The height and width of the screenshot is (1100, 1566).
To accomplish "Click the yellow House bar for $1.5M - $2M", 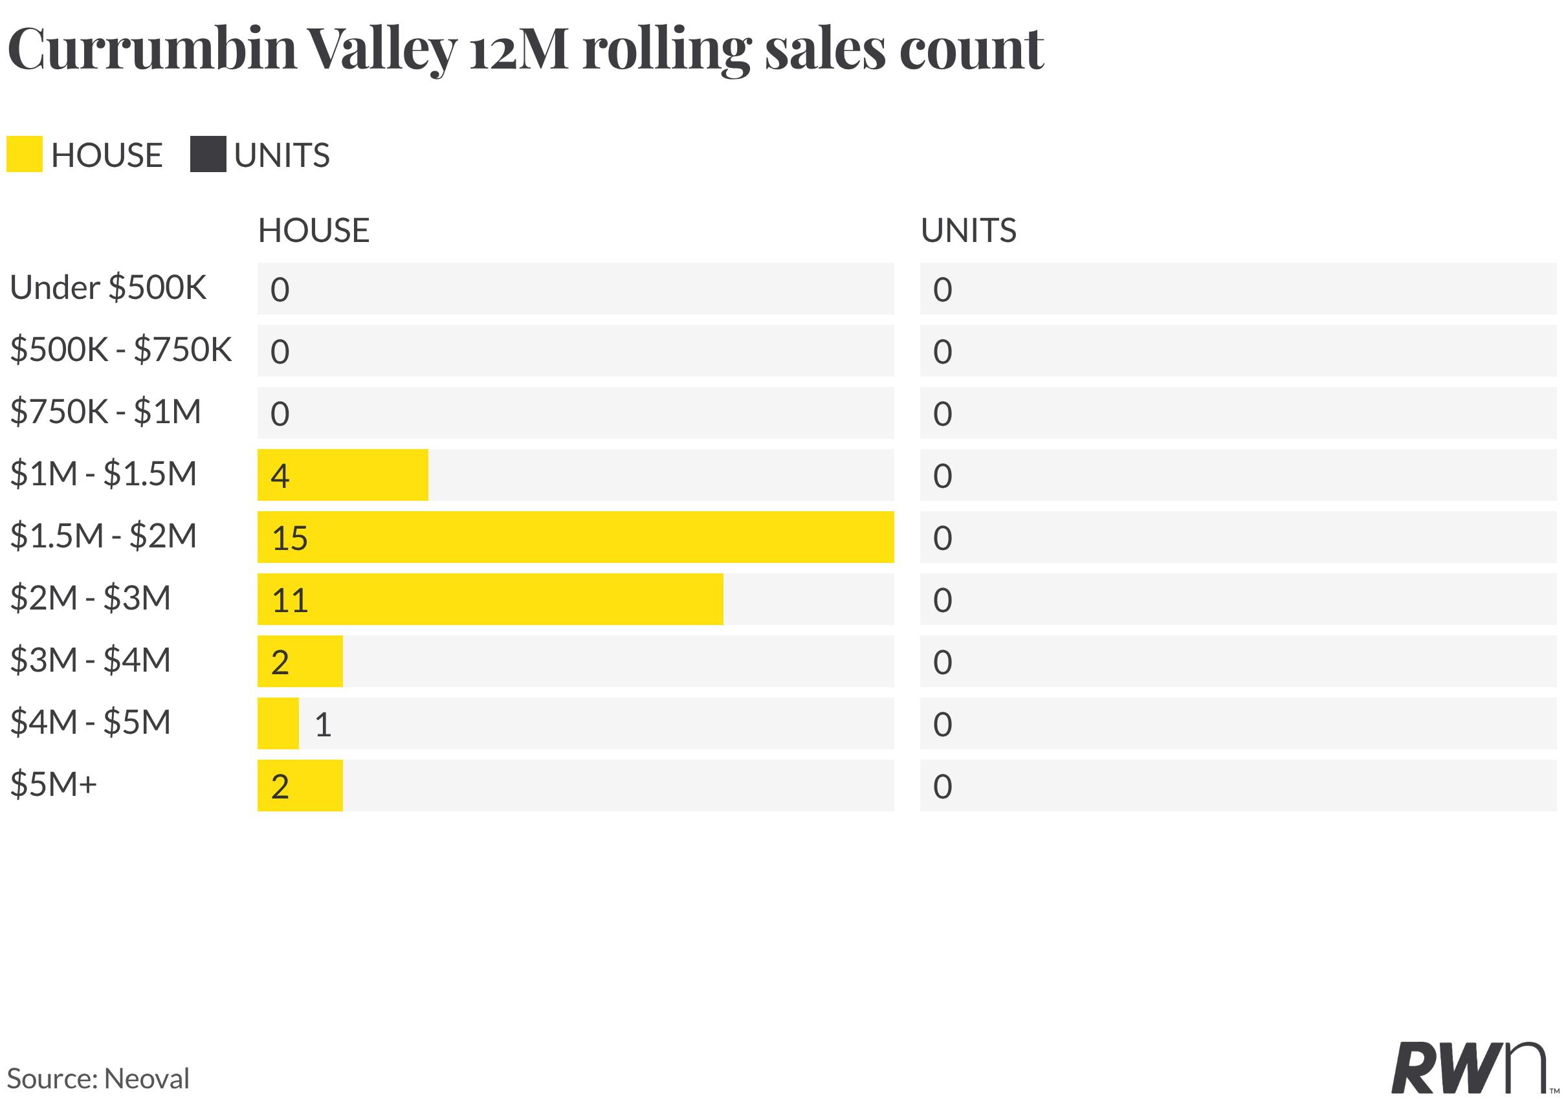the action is tap(576, 536).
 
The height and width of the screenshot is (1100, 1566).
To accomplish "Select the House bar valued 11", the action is tap(491, 599).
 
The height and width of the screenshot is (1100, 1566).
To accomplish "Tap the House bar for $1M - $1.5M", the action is tap(343, 475).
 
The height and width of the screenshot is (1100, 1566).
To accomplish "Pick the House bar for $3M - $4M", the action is tap(300, 661).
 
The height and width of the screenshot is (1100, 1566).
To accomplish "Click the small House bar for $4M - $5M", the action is tap(278, 723).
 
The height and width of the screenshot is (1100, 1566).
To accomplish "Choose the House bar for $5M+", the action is tap(300, 786).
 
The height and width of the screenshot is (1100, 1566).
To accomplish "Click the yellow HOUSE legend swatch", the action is tap(25, 154).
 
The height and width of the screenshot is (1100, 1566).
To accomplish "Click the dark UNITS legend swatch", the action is tap(208, 154).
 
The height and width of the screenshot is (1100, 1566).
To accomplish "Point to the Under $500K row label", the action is tap(108, 288).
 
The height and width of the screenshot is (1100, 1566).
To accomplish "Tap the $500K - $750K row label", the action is tap(121, 350).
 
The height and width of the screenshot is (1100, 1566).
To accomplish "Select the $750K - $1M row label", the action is tap(105, 412).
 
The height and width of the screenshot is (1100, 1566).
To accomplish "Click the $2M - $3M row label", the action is tap(90, 598).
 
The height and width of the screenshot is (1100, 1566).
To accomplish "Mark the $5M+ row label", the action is tap(53, 784).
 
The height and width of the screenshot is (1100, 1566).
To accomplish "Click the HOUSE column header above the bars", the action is tap(314, 230).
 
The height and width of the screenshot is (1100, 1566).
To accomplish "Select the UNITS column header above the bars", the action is tap(969, 230).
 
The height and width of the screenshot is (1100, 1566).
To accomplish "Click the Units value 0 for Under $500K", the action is tap(943, 290).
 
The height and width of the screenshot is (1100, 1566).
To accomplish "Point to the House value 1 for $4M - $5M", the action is tap(324, 724).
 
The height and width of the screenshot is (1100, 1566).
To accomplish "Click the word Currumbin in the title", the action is tap(152, 49).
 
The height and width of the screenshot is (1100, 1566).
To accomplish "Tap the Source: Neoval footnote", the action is tap(98, 1079).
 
